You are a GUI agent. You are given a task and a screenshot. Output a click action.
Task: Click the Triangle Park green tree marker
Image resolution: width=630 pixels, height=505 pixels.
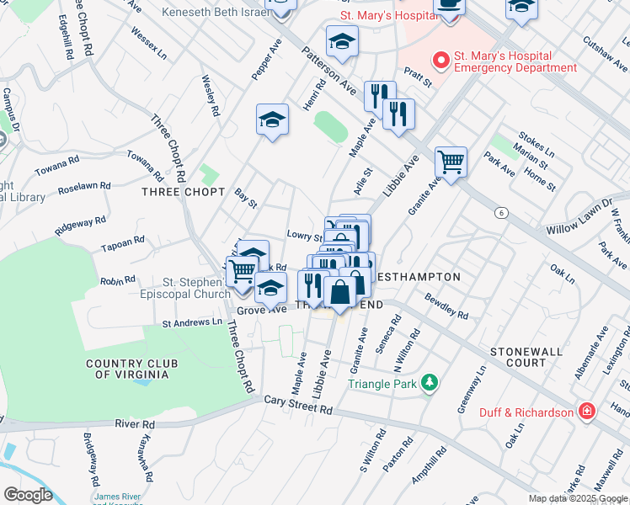(x=430, y=384)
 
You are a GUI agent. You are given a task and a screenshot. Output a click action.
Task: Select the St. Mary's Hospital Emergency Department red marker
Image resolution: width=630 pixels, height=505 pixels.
(x=439, y=61)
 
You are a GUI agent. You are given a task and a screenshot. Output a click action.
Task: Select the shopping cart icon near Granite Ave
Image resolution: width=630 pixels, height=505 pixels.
(x=451, y=162)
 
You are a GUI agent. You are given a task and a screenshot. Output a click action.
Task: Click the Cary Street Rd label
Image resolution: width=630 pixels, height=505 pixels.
(x=298, y=405)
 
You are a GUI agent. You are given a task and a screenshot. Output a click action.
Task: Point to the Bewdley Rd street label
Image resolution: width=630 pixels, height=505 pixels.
(x=446, y=306)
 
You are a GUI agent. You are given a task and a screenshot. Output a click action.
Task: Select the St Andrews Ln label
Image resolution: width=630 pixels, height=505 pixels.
(x=192, y=322)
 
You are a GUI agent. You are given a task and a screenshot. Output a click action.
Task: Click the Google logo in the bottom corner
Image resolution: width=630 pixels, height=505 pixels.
(x=29, y=494)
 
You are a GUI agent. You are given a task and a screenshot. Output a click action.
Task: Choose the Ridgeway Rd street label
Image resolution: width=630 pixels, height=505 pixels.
(x=80, y=225)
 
